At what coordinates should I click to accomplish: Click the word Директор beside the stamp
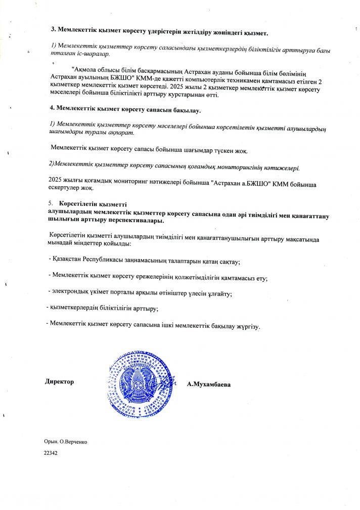tap(60, 381)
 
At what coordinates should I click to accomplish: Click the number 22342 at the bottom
tap(51, 454)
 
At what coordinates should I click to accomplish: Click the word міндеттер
tap(94, 244)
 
